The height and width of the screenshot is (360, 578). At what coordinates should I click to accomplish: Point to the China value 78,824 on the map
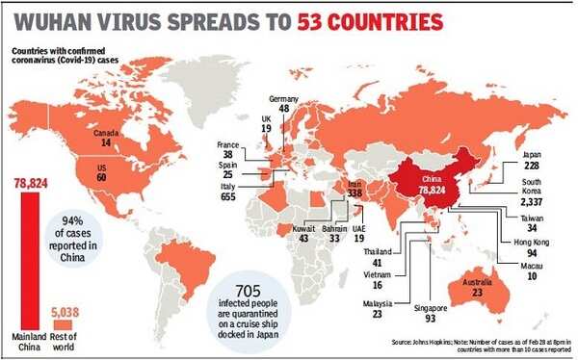(x=431, y=192)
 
